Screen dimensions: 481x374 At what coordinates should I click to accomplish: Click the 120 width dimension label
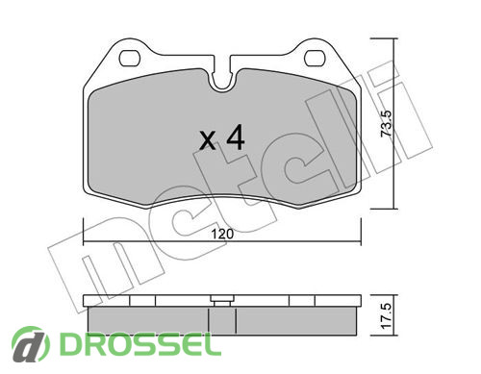(x=222, y=234)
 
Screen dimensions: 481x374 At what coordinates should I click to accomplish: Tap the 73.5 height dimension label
(x=386, y=124)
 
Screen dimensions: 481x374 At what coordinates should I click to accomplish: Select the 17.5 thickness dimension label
(x=387, y=315)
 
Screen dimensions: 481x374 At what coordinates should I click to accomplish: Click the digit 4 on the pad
(x=236, y=137)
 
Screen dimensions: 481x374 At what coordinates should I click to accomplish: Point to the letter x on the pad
(x=208, y=141)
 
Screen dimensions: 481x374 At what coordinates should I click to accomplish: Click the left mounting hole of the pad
(x=130, y=59)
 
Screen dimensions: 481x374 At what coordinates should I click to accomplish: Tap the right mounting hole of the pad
(x=315, y=59)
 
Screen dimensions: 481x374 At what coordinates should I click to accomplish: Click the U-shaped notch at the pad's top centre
(x=222, y=77)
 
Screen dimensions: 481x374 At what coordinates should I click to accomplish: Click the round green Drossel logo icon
(x=31, y=344)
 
